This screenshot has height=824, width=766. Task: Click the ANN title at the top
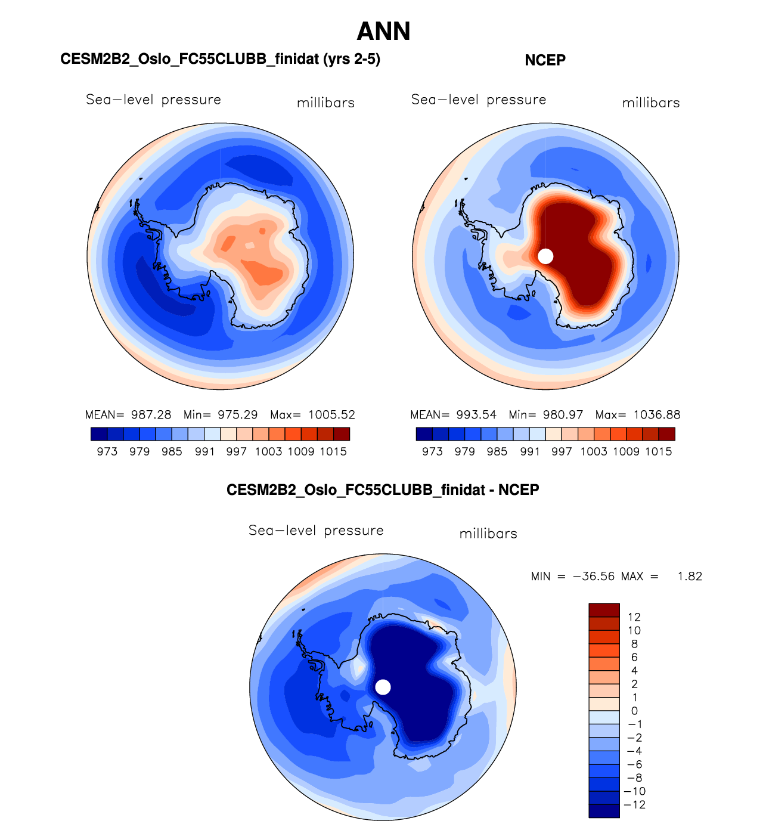coord(383,32)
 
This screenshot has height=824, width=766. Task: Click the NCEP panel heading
coord(545,60)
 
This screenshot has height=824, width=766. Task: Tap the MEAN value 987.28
coord(151,415)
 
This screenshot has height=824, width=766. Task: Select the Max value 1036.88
coord(656,415)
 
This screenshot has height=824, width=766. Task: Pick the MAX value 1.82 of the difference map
coord(690,577)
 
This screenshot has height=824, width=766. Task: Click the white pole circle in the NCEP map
coord(545,256)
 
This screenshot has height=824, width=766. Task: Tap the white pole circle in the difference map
coord(383,687)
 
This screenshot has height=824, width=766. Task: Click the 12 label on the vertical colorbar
coord(634,617)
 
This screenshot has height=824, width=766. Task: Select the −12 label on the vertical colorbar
coord(636,805)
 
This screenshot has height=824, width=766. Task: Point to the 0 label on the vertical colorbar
coord(634,711)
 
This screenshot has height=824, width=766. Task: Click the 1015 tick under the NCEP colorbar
coord(658,452)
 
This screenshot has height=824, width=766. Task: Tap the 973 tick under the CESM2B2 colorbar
coord(107,452)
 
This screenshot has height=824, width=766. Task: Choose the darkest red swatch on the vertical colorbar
coord(604,610)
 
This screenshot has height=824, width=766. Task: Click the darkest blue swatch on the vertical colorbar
coord(604,811)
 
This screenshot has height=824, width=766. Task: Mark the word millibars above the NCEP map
coord(651,103)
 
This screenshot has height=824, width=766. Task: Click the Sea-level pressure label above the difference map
coord(316,531)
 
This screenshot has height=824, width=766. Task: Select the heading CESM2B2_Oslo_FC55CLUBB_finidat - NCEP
coord(383,490)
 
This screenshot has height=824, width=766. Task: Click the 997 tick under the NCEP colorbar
coord(562,452)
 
